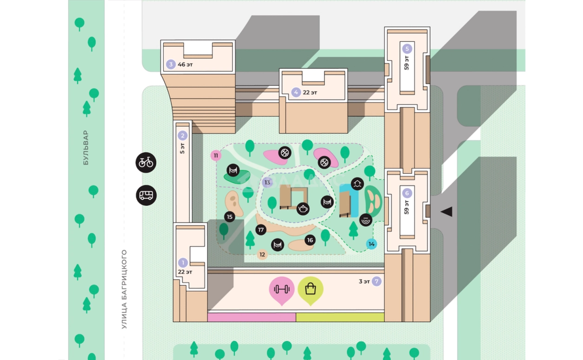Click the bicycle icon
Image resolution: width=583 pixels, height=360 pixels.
pos(146,163)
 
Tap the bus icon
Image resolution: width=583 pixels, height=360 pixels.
pos(146,195)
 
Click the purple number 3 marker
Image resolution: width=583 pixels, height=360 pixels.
pos(171,65)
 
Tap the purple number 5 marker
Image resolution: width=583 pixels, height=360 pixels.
pos(408,48)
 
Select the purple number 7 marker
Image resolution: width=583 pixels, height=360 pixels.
pos(377,281)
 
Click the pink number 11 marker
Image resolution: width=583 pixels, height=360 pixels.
pos(216,156)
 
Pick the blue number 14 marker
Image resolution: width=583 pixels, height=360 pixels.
pos(371,244)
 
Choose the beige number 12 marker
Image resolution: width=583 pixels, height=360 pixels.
pos(262,255)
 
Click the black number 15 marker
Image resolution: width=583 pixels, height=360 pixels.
pos(230,217)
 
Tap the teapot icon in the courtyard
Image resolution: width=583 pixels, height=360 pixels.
pos(303,209)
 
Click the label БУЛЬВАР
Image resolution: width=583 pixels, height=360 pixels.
pos(86,148)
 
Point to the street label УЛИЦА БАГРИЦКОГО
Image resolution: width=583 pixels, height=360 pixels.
pos(124,289)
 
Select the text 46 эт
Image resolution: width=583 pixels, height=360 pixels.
pos(185,65)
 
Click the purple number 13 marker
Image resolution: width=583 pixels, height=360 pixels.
pos(267,183)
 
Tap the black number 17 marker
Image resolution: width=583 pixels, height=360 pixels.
pos(261,229)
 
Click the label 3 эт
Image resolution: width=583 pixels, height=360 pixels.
pos(364,281)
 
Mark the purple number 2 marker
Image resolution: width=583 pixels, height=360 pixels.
pos(182,136)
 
